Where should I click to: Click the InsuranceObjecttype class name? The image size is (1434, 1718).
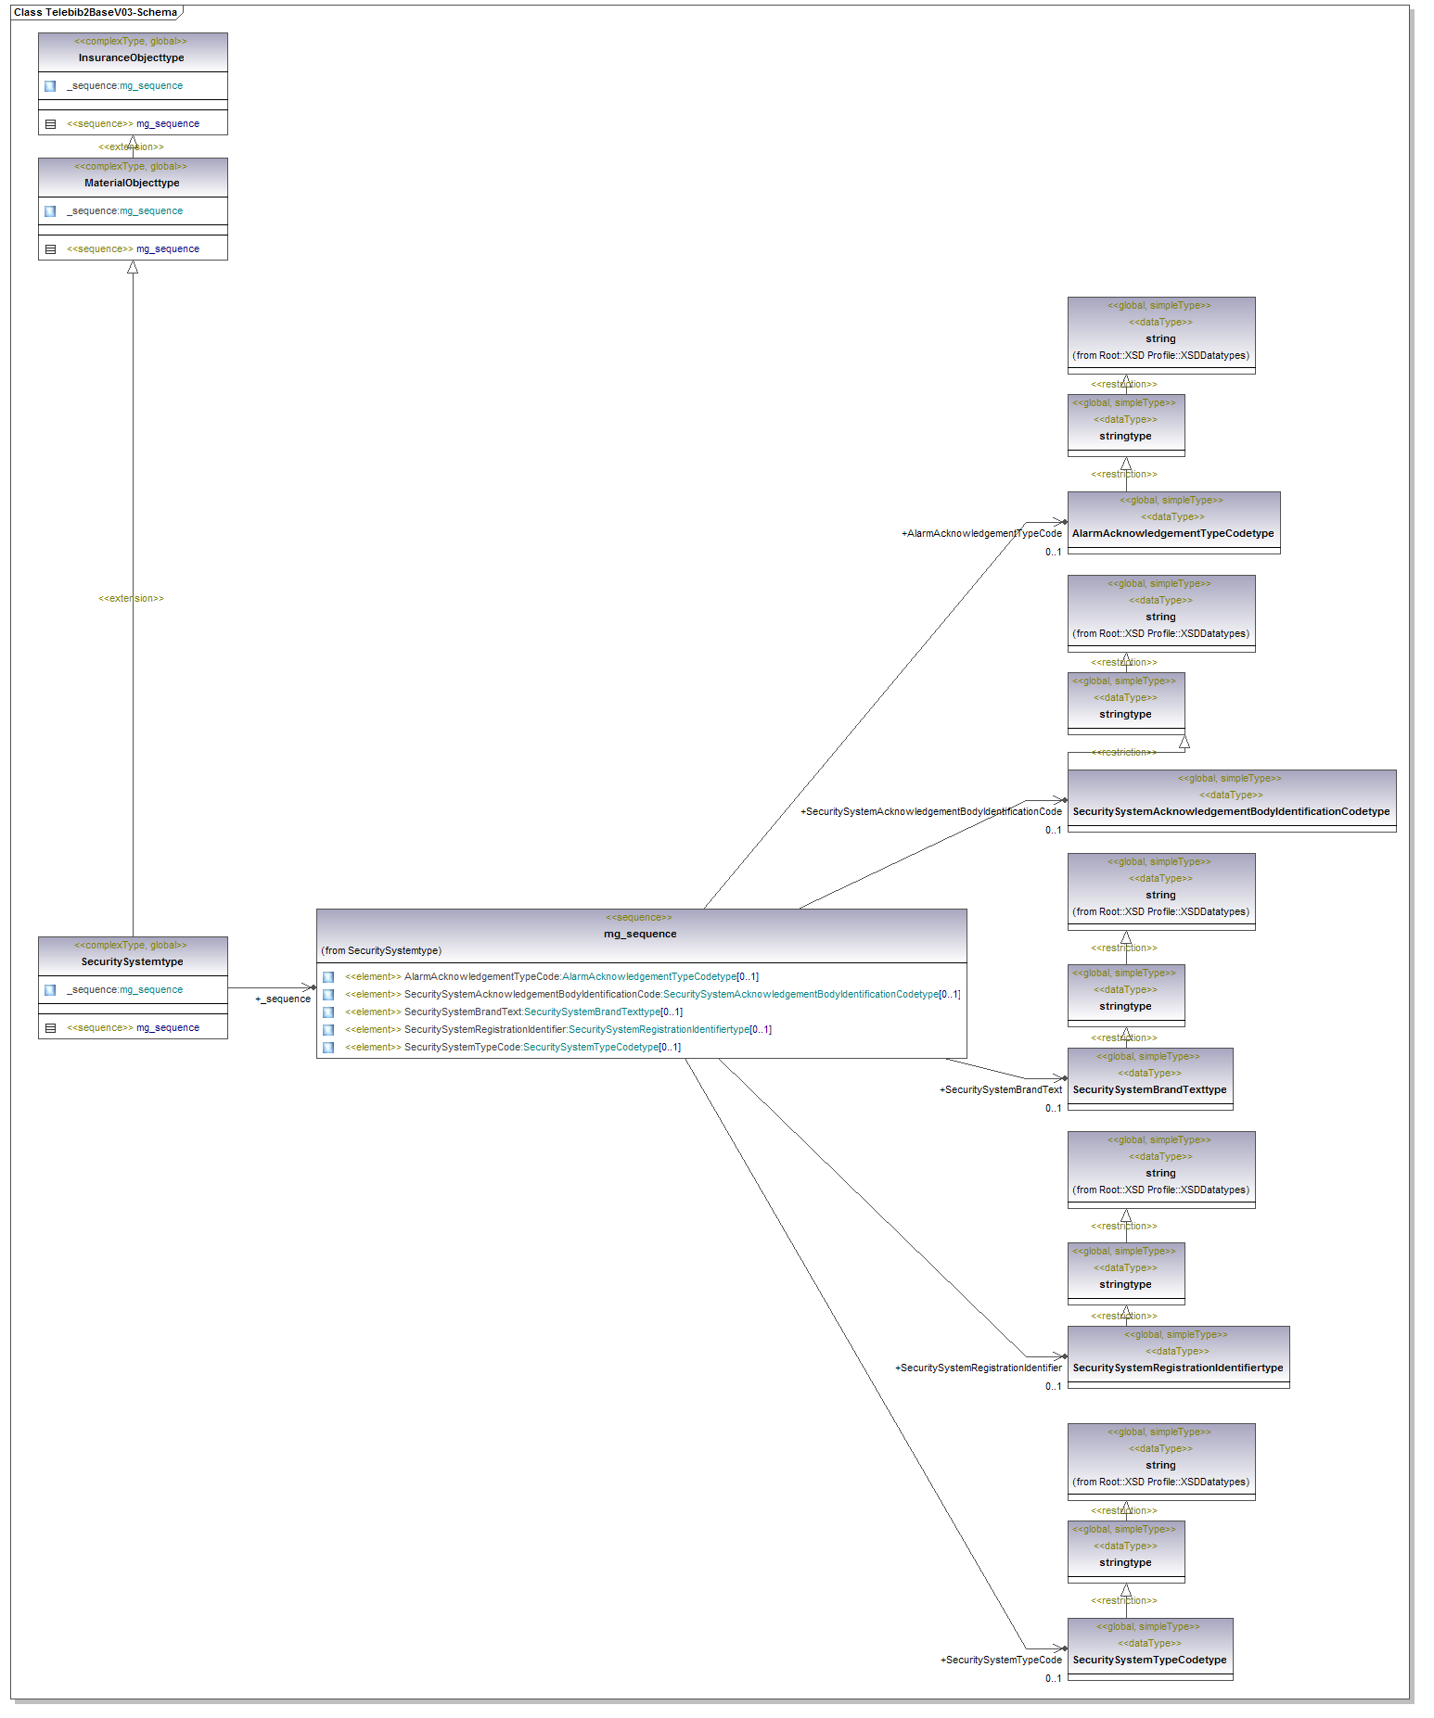131,57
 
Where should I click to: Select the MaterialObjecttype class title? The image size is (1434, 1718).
132,183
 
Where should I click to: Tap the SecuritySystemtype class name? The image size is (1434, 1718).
132,961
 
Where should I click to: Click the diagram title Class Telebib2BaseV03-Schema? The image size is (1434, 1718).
95,12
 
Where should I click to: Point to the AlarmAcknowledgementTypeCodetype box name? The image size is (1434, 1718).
1172,533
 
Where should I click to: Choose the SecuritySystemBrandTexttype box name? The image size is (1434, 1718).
1149,1089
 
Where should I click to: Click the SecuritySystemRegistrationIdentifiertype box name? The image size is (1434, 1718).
1177,1368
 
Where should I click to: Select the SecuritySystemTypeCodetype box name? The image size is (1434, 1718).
1149,1660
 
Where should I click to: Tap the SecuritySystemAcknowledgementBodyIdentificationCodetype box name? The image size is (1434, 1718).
1231,811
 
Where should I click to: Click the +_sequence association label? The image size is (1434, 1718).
283,999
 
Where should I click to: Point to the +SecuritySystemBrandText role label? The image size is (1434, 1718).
1000,1089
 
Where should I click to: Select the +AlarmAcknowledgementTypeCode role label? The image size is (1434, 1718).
981,533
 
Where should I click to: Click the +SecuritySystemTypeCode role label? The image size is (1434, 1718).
1001,1660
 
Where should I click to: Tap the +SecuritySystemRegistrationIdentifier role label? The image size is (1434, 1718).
978,1368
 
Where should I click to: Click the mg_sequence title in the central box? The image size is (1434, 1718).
640,934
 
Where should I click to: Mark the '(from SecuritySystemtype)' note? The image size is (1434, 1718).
381,950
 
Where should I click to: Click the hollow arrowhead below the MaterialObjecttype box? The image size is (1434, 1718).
133,267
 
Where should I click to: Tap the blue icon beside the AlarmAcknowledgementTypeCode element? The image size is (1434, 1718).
328,976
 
